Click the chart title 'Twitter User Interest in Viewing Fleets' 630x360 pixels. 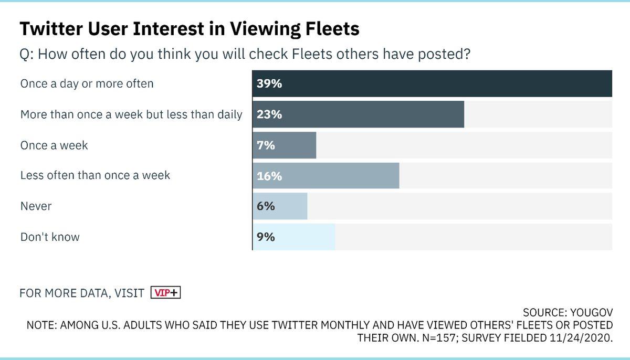[190, 29]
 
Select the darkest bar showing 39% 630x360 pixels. [432, 83]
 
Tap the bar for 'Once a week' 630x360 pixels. [284, 145]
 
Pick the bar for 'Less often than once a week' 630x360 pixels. [325, 176]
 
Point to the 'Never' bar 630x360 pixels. [280, 206]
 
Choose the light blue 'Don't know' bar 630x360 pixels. [293, 237]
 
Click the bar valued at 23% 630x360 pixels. [358, 114]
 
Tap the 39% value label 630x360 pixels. [269, 84]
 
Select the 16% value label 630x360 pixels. [269, 176]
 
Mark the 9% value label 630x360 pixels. [266, 237]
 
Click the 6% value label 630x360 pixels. [266, 207]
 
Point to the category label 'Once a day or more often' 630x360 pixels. [87, 84]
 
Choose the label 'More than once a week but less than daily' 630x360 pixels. [131, 114]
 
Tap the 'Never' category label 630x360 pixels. [36, 206]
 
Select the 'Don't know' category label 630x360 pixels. [50, 237]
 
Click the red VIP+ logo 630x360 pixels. [165, 293]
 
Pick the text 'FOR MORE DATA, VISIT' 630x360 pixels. [82, 293]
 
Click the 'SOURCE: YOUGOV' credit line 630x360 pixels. [568, 312]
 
